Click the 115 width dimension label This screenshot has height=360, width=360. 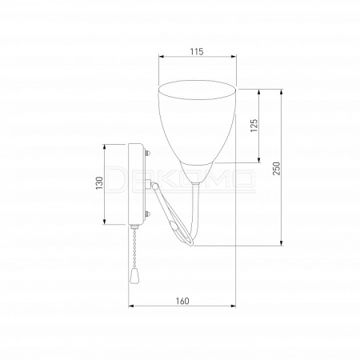tap(197, 51)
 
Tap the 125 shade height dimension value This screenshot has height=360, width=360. tap(254, 126)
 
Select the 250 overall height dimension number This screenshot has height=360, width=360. tap(277, 168)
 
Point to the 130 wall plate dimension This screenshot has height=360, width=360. tap(99, 183)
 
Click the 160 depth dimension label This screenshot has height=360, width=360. tap(182, 301)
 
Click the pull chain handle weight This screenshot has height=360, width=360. tap(134, 275)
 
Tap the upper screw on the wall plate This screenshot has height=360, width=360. tap(147, 154)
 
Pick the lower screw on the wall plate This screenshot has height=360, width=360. tap(147, 214)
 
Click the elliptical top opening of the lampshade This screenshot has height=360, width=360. tap(197, 90)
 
